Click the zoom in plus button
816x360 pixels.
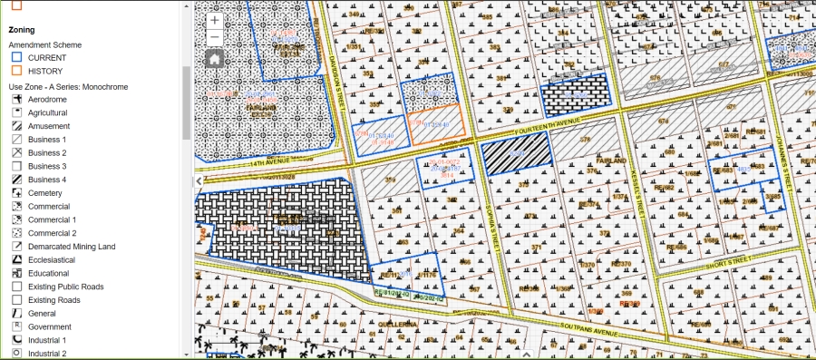pos(214,20)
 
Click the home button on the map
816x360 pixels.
pos(214,59)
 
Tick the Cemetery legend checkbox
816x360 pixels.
pos(16,193)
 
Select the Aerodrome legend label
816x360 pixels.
pos(47,100)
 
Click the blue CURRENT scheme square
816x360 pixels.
pos(16,57)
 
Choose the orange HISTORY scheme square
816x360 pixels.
pos(16,71)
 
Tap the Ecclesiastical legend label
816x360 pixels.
pos(51,260)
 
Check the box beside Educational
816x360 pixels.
pos(16,273)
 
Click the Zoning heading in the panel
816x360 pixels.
pos(22,30)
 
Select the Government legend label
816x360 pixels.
pos(49,326)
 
